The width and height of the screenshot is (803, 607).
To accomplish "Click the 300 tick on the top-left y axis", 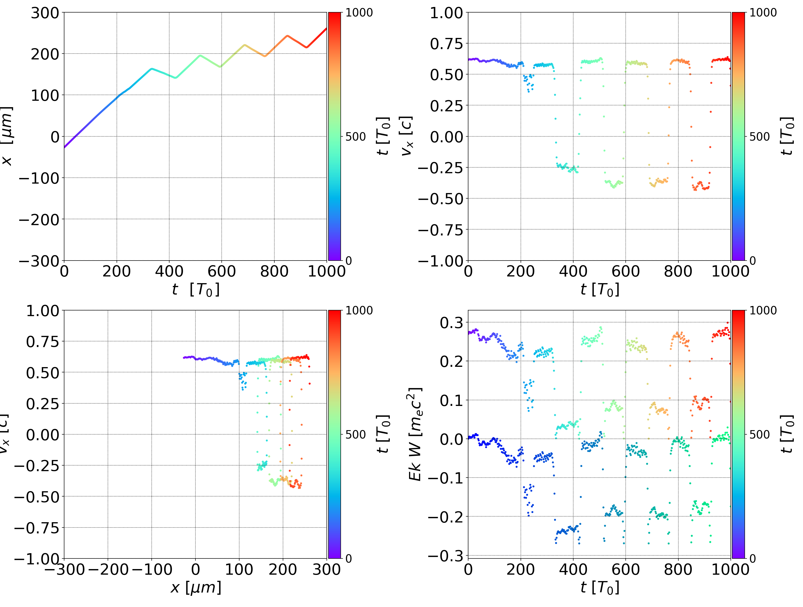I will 45,13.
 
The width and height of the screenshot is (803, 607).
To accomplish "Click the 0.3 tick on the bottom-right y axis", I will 451,322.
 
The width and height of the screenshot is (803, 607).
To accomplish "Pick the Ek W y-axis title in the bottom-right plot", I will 415,434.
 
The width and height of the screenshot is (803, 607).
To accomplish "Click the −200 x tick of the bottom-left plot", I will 108,569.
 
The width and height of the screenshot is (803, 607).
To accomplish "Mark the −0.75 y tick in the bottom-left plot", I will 36,527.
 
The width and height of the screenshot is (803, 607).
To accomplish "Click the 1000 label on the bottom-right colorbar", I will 763,310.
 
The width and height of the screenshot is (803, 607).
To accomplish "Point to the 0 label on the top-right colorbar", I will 753,261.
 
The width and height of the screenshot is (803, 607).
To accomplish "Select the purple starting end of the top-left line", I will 65,147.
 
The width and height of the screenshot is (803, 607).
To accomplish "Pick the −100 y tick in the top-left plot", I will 39,178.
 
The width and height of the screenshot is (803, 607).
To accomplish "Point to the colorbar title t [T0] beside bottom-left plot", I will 383,434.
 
